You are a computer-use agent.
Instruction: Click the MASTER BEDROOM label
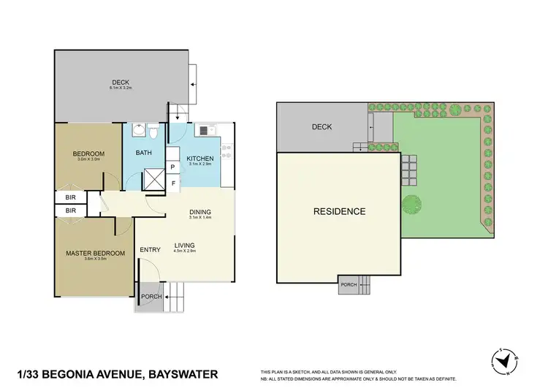(x=94, y=254)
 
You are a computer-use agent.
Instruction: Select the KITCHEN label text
(x=199, y=159)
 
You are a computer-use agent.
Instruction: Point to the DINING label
(x=199, y=212)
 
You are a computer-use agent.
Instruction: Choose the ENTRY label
(x=150, y=251)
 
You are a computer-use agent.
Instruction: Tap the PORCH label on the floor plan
(x=151, y=297)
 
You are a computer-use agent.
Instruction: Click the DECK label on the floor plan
(x=120, y=82)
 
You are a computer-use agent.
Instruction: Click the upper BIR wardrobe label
(x=71, y=197)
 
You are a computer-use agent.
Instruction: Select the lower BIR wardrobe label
(x=71, y=210)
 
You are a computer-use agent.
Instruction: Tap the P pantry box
(x=172, y=167)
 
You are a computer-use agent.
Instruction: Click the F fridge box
(x=172, y=183)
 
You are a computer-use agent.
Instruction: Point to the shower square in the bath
(x=155, y=180)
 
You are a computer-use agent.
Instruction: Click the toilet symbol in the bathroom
(x=153, y=131)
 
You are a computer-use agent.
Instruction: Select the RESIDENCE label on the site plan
(x=339, y=212)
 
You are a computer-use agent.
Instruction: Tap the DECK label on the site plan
(x=321, y=127)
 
